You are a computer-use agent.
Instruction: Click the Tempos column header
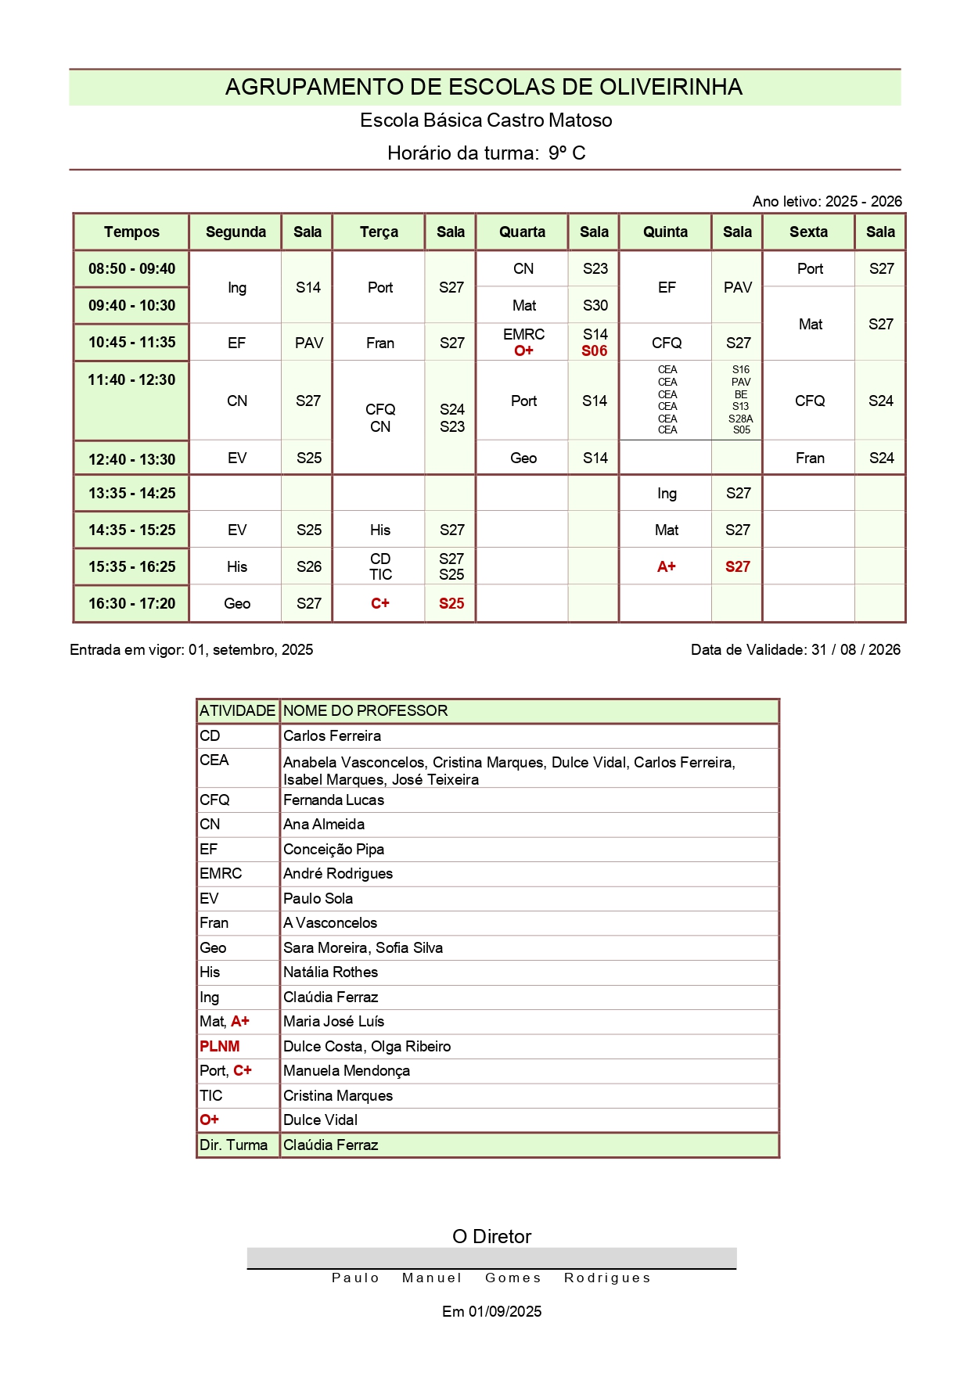(131, 232)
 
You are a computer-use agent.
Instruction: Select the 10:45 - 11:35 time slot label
(131, 342)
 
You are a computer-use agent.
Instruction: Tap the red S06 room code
(595, 350)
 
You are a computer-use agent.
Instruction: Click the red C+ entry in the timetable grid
(380, 603)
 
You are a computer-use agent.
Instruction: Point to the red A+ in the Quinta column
(667, 566)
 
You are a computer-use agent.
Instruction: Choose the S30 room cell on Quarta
(595, 305)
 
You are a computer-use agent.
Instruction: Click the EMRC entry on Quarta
(523, 334)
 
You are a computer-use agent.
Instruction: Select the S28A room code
(740, 419)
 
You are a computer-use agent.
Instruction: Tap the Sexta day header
(808, 232)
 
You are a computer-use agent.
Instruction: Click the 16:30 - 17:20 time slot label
(131, 603)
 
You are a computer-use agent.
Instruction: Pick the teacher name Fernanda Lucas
(333, 800)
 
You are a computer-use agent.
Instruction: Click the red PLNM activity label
(220, 1046)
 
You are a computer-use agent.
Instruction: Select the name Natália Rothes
(330, 972)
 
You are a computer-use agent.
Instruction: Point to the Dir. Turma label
(233, 1145)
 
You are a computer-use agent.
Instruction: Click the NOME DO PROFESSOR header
(365, 710)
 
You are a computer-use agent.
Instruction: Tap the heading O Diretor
(491, 1236)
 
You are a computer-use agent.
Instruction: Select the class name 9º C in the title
(566, 153)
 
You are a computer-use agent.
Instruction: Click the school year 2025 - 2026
(863, 201)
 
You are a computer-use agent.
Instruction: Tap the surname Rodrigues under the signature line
(607, 1278)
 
